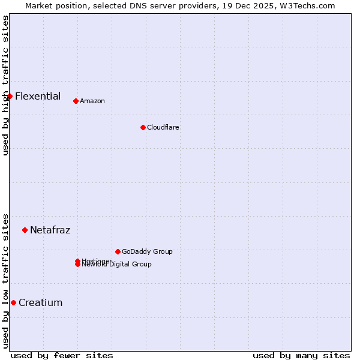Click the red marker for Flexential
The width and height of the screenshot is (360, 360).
tap(10, 96)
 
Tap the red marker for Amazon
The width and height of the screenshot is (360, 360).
tap(76, 101)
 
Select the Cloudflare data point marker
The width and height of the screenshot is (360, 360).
tap(143, 127)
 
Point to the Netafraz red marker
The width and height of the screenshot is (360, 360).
tap(25, 230)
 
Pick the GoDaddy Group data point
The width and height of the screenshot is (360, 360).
tap(118, 251)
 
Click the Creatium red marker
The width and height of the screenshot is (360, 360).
tap(13, 302)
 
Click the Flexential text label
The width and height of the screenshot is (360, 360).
tap(38, 96)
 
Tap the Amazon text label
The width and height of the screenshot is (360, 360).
tap(92, 101)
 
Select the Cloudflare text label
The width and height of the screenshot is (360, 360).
tap(163, 127)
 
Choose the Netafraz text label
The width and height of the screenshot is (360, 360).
tap(50, 230)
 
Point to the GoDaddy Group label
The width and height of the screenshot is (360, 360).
tap(146, 251)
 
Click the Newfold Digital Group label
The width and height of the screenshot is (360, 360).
tap(117, 265)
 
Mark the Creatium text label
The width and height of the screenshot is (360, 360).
tap(40, 302)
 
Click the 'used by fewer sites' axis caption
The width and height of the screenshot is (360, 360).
tap(62, 355)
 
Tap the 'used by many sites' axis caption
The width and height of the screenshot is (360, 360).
tap(301, 355)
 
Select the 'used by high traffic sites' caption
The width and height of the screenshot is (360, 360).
tap(5, 85)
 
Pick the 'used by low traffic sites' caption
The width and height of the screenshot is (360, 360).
tap(5, 280)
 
